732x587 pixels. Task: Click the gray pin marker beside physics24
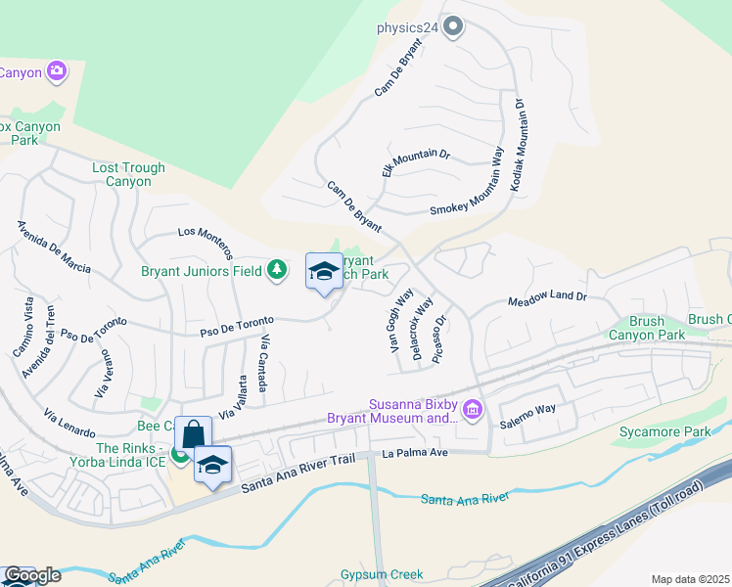tap(452, 27)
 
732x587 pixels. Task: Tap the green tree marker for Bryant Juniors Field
tap(278, 269)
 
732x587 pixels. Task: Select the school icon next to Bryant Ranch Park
tap(324, 273)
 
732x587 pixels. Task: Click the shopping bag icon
tap(193, 433)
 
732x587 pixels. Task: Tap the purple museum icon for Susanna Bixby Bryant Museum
tap(473, 408)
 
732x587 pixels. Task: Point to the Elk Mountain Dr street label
tap(415, 166)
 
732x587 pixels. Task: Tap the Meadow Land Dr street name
tap(546, 297)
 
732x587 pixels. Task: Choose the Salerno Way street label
tap(527, 408)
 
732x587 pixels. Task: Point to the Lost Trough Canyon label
tap(128, 174)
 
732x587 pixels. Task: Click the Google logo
tap(31, 574)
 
